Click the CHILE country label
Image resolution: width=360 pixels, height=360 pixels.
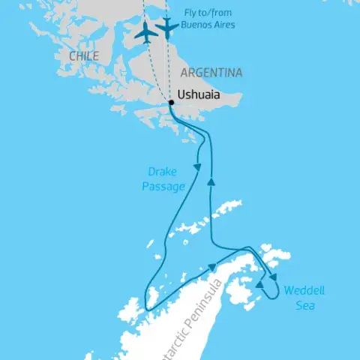pos(83,56)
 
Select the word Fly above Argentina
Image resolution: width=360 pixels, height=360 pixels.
pos(193,12)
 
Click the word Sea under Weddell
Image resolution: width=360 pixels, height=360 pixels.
pos(304,306)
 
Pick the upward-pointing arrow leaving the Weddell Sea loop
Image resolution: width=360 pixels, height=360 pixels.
pos(260,286)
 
